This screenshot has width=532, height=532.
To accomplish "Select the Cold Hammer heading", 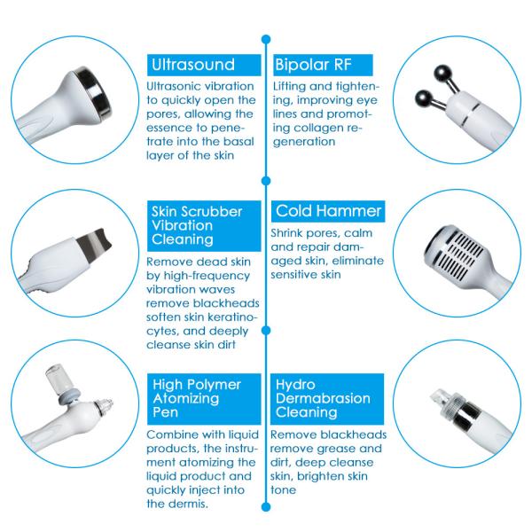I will (x=328, y=212).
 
